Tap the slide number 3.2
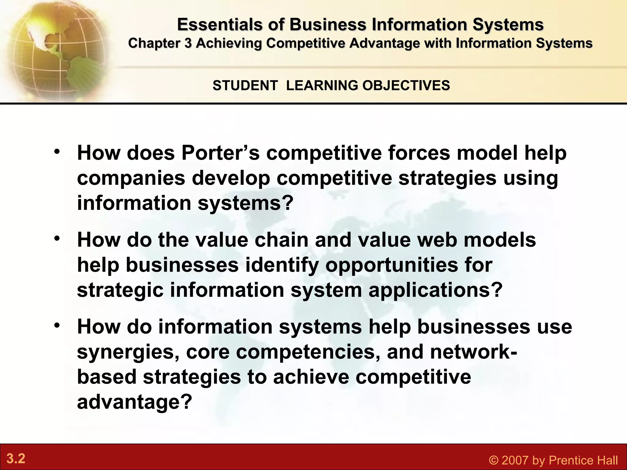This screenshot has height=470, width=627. (16, 459)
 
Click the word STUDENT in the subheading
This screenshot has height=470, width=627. (245, 85)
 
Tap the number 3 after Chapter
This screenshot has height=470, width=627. (188, 43)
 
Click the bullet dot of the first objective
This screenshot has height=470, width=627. (57, 152)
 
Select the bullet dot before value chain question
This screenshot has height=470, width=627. (57, 239)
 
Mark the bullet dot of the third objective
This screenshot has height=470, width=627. (57, 326)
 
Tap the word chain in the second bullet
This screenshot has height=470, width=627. (281, 240)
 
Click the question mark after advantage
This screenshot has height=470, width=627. (186, 402)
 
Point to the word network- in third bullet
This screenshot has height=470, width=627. (474, 352)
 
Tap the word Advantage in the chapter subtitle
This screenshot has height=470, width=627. (384, 43)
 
